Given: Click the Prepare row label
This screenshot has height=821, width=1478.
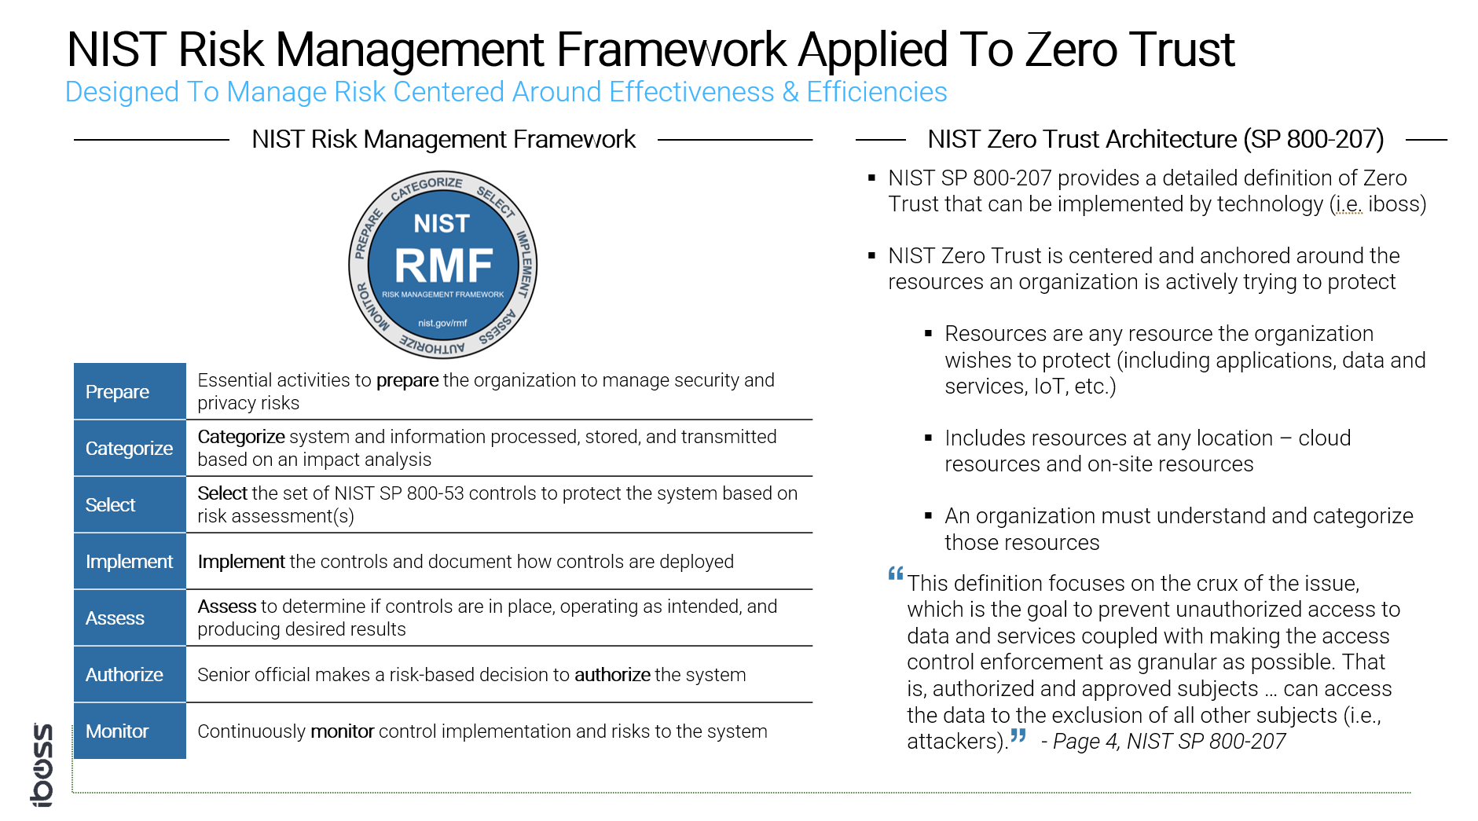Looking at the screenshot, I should point(118,392).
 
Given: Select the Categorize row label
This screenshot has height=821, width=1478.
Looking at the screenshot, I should point(129,449).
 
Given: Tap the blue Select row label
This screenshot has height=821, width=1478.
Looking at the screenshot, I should point(111,505).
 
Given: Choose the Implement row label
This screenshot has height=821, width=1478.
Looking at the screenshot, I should point(129,562).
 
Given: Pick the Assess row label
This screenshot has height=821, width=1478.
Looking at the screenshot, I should point(115,618).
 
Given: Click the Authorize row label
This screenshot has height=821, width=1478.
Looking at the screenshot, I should point(124,675).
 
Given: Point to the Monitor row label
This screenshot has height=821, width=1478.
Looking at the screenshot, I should point(117,731).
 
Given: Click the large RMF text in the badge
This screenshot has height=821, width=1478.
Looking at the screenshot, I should point(443,266).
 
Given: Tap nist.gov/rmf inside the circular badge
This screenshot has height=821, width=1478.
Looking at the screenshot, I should point(442,323).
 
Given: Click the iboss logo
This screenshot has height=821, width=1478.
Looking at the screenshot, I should point(42,764).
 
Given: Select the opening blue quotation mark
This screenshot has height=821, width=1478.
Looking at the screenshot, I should point(896,574).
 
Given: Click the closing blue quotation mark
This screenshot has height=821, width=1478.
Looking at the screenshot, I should point(1018,736).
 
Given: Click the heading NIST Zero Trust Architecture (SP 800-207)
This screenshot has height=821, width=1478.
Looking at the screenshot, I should point(1155,139).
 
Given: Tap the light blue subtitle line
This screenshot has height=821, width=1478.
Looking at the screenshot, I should point(506,92).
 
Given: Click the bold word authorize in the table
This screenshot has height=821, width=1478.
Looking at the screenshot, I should point(612,675).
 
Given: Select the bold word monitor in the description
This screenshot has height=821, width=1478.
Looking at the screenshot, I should point(342,731).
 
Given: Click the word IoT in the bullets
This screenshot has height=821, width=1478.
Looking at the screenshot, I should point(1050,387).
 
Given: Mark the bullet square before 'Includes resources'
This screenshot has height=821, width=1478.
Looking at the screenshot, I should point(929,438).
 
